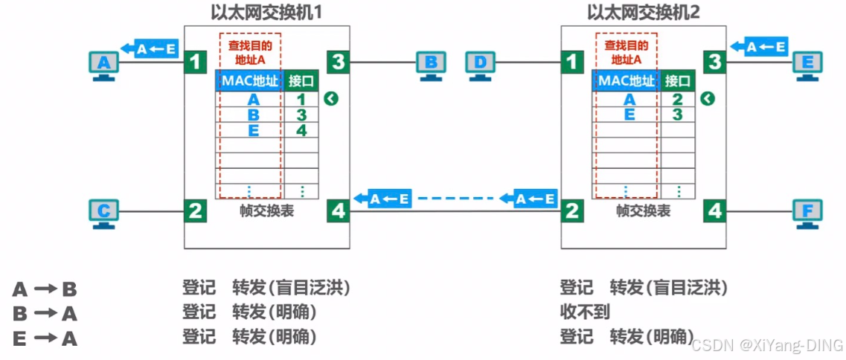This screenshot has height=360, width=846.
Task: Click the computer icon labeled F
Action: (x=807, y=213)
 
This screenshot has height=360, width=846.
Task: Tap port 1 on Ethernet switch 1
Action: (x=195, y=61)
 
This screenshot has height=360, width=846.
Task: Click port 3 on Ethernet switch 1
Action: (x=339, y=61)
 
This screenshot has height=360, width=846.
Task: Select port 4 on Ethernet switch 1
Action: (x=339, y=211)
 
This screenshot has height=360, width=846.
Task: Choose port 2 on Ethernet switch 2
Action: (x=571, y=211)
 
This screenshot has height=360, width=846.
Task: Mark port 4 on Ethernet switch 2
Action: (x=715, y=211)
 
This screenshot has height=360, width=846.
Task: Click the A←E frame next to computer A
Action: (x=152, y=49)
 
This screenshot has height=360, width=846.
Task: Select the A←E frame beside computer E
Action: (x=758, y=47)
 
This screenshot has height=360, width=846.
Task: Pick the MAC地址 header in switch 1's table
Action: (x=249, y=80)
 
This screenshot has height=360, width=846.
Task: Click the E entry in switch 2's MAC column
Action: (x=629, y=115)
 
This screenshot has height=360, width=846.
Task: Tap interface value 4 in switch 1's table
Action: (x=301, y=130)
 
